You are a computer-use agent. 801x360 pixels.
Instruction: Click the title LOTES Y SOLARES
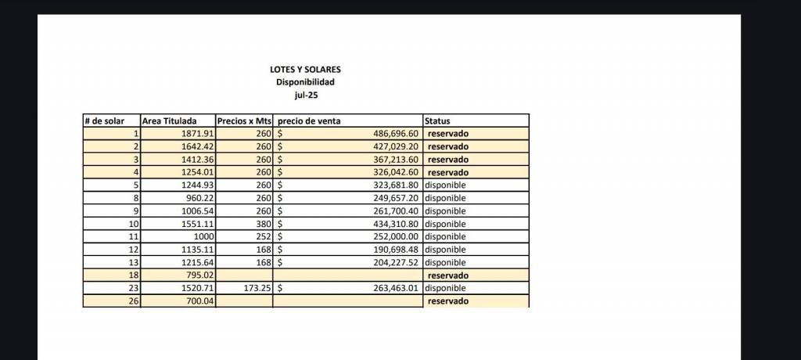pyautogui.click(x=305, y=70)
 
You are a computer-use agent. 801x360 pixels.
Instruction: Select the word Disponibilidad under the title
pyautogui.click(x=305, y=82)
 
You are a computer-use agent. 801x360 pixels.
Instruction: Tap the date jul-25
pyautogui.click(x=305, y=95)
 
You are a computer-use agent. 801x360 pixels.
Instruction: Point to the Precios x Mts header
pyautogui.click(x=243, y=121)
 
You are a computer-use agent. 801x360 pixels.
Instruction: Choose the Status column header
pyautogui.click(x=437, y=121)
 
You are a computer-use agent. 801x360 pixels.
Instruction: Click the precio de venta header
pyautogui.click(x=309, y=121)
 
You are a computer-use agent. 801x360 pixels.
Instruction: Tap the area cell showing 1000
pyautogui.click(x=203, y=236)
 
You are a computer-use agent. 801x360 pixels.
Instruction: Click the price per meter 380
pyautogui.click(x=263, y=224)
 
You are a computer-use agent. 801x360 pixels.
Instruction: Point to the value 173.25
pyautogui.click(x=256, y=288)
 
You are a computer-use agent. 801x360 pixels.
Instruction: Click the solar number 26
pyautogui.click(x=133, y=301)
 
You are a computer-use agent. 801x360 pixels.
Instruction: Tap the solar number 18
pyautogui.click(x=133, y=275)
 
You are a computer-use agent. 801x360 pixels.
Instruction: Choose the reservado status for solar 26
pyautogui.click(x=448, y=301)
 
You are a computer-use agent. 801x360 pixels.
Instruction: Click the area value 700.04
pyautogui.click(x=199, y=301)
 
